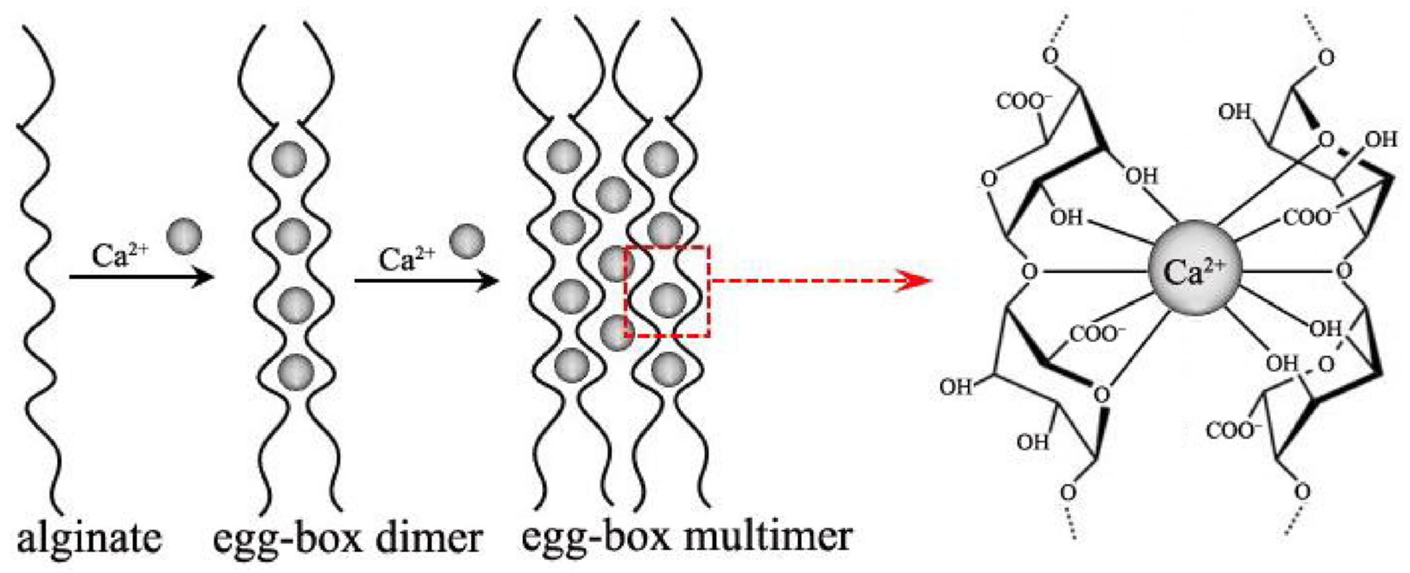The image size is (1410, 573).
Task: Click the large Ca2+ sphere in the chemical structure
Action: click(x=1195, y=268)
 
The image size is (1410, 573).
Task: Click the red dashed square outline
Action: click(x=709, y=291)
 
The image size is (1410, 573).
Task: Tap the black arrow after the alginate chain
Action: click(x=141, y=277)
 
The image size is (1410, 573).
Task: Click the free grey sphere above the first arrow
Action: click(x=184, y=236)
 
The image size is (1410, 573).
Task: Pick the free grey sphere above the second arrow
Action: click(x=467, y=241)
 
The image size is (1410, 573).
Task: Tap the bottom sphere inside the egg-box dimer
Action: click(x=296, y=371)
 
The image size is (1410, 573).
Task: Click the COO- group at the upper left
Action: click(x=1024, y=101)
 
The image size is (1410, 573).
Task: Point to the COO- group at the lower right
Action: click(x=1232, y=431)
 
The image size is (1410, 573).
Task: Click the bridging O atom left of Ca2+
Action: click(x=1030, y=271)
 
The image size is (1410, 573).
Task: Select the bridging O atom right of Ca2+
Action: click(x=1344, y=270)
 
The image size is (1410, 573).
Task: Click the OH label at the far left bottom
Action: click(x=956, y=387)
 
